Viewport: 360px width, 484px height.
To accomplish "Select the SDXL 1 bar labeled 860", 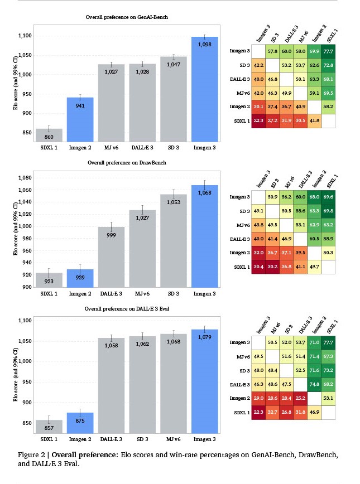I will point(48,135).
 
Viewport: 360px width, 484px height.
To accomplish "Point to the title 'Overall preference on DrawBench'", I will point(127,163).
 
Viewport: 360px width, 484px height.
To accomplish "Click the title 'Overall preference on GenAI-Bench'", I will point(127,18).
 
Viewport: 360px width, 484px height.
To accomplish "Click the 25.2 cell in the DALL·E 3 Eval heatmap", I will point(299,399).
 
